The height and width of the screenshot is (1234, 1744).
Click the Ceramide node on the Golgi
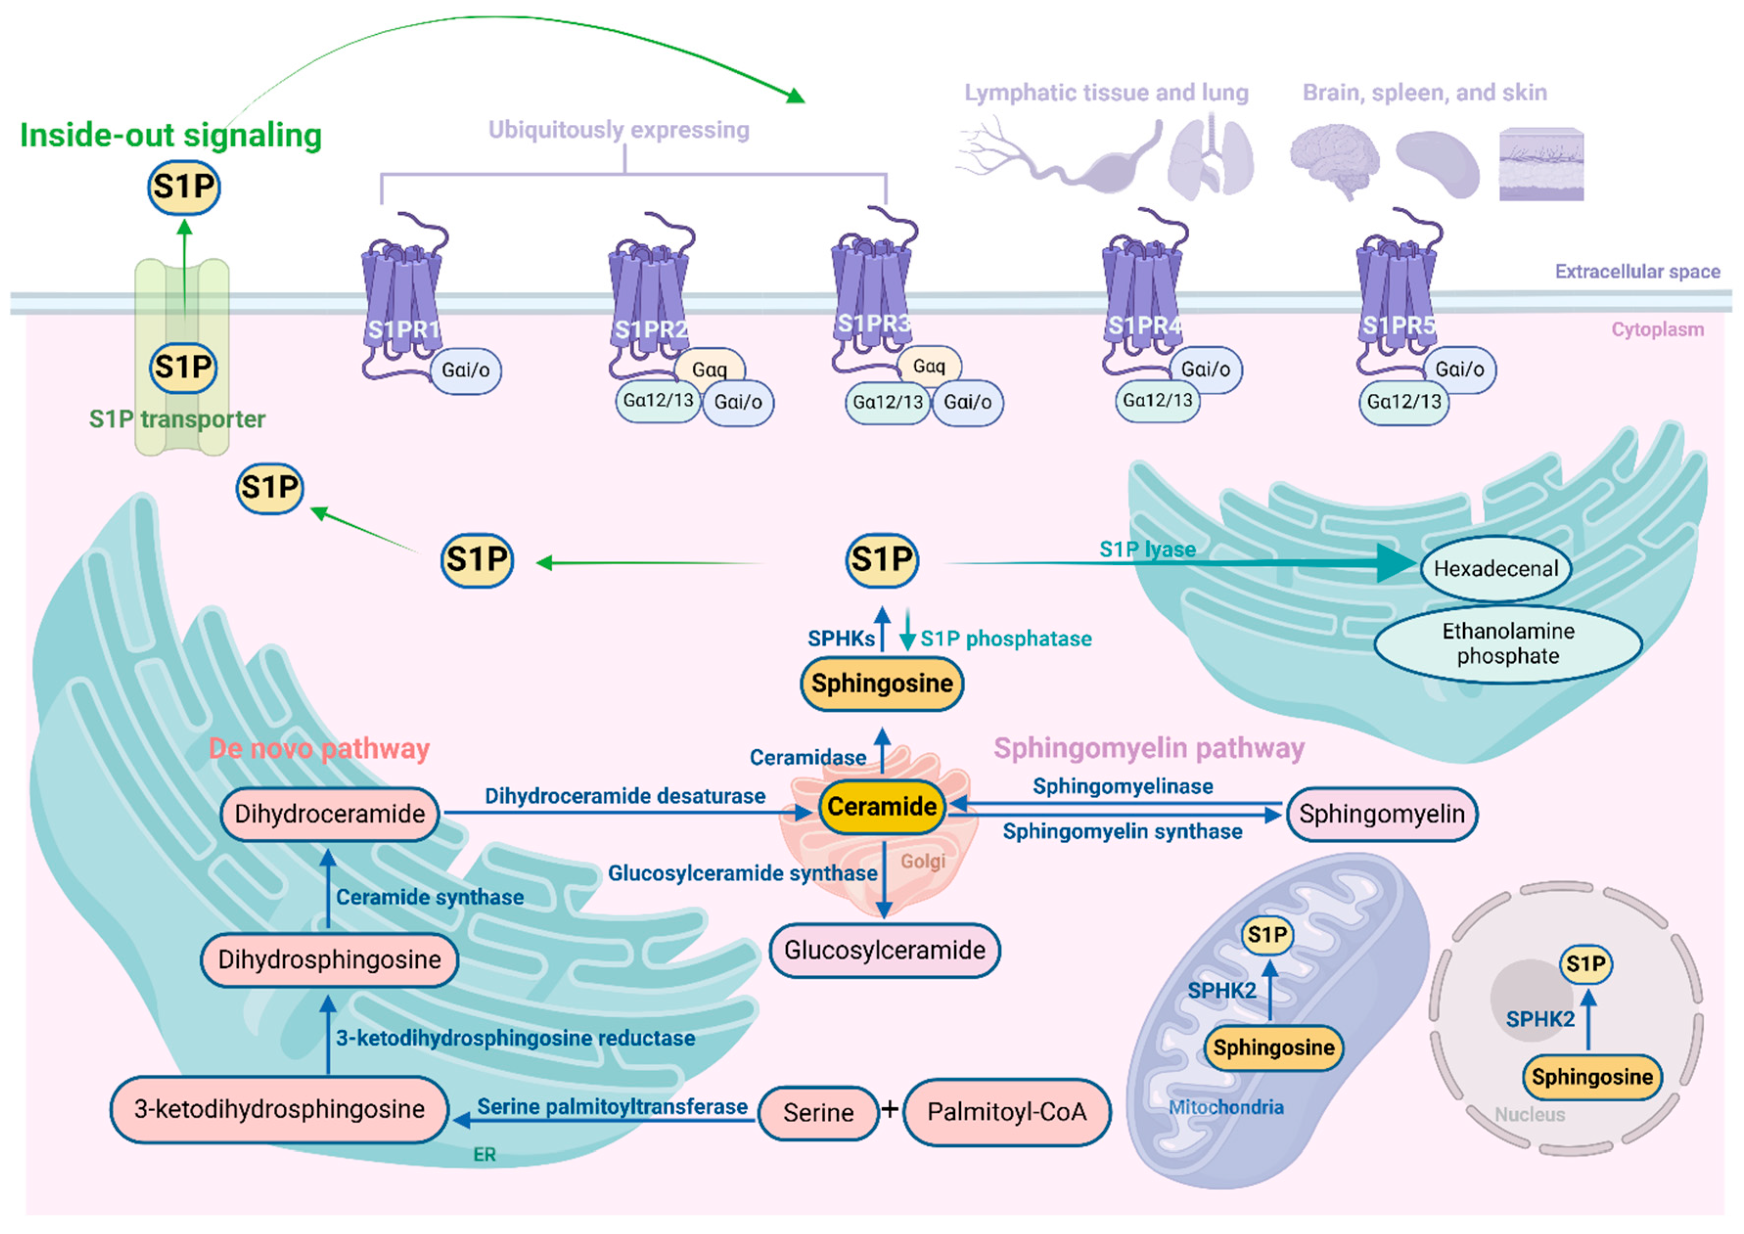click(882, 807)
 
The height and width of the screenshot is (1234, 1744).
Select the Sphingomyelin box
click(1382, 814)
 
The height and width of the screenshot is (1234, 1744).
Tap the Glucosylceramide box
click(884, 951)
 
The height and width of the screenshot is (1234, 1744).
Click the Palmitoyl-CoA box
click(1007, 1112)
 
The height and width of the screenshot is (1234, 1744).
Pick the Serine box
click(818, 1113)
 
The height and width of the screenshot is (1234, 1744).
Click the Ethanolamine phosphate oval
click(1508, 644)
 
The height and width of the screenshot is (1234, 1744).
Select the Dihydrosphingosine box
click(329, 960)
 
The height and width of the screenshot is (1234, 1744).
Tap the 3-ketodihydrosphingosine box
click(279, 1109)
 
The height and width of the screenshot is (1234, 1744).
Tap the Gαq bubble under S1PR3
click(929, 366)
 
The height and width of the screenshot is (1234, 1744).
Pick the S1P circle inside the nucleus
click(1586, 964)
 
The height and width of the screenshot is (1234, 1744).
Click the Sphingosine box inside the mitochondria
click(1273, 1048)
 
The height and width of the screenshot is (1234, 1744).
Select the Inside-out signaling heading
click(171, 135)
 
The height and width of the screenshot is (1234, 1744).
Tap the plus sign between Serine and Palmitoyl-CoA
click(890, 1110)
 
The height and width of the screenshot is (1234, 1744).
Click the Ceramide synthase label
click(430, 897)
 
